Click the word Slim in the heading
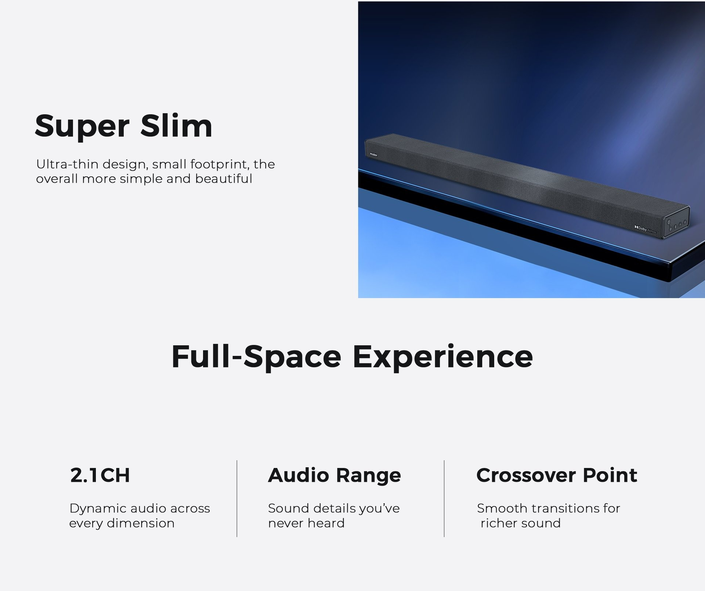coord(177,125)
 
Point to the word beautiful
coord(224,179)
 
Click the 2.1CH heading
coord(100,475)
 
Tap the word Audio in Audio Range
coord(298,475)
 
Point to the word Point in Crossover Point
coord(610,475)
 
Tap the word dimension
coord(141,523)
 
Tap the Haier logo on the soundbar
coord(373,155)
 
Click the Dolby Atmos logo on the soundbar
coord(646,230)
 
